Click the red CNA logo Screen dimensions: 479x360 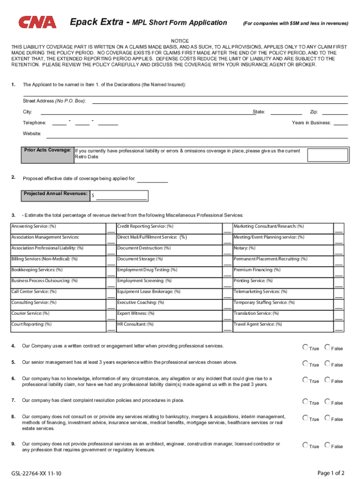point(37,22)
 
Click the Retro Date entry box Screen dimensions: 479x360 point(328,155)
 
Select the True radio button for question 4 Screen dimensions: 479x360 point(305,347)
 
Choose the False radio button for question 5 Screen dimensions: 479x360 point(327,363)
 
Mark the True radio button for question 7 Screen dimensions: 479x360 point(305,401)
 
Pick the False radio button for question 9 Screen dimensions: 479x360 point(327,445)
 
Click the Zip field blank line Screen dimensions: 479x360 point(335,112)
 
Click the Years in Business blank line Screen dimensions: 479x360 point(340,123)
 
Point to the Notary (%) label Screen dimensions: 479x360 point(245,248)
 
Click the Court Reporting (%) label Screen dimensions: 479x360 point(32,324)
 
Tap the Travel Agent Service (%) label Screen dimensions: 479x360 point(258,324)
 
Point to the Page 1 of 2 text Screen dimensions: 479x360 point(331,473)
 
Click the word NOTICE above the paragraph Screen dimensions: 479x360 point(180,41)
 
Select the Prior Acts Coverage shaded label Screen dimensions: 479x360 point(47,150)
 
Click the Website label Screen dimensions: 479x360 point(32,134)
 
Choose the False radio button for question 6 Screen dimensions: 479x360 point(327,380)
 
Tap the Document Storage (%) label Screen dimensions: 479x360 point(140,259)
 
